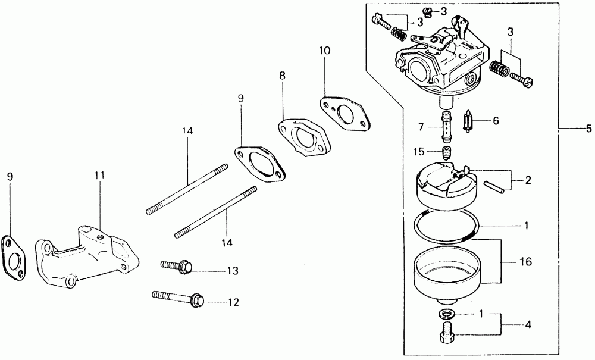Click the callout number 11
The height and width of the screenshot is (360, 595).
99,176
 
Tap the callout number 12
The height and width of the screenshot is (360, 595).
233,302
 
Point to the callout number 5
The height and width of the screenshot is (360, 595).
588,128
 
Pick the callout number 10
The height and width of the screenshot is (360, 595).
324,51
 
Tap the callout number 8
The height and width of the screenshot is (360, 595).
282,76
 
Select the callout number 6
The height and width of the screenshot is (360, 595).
495,121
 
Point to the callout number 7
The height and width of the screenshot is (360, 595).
420,127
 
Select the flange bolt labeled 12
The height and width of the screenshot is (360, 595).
178,297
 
